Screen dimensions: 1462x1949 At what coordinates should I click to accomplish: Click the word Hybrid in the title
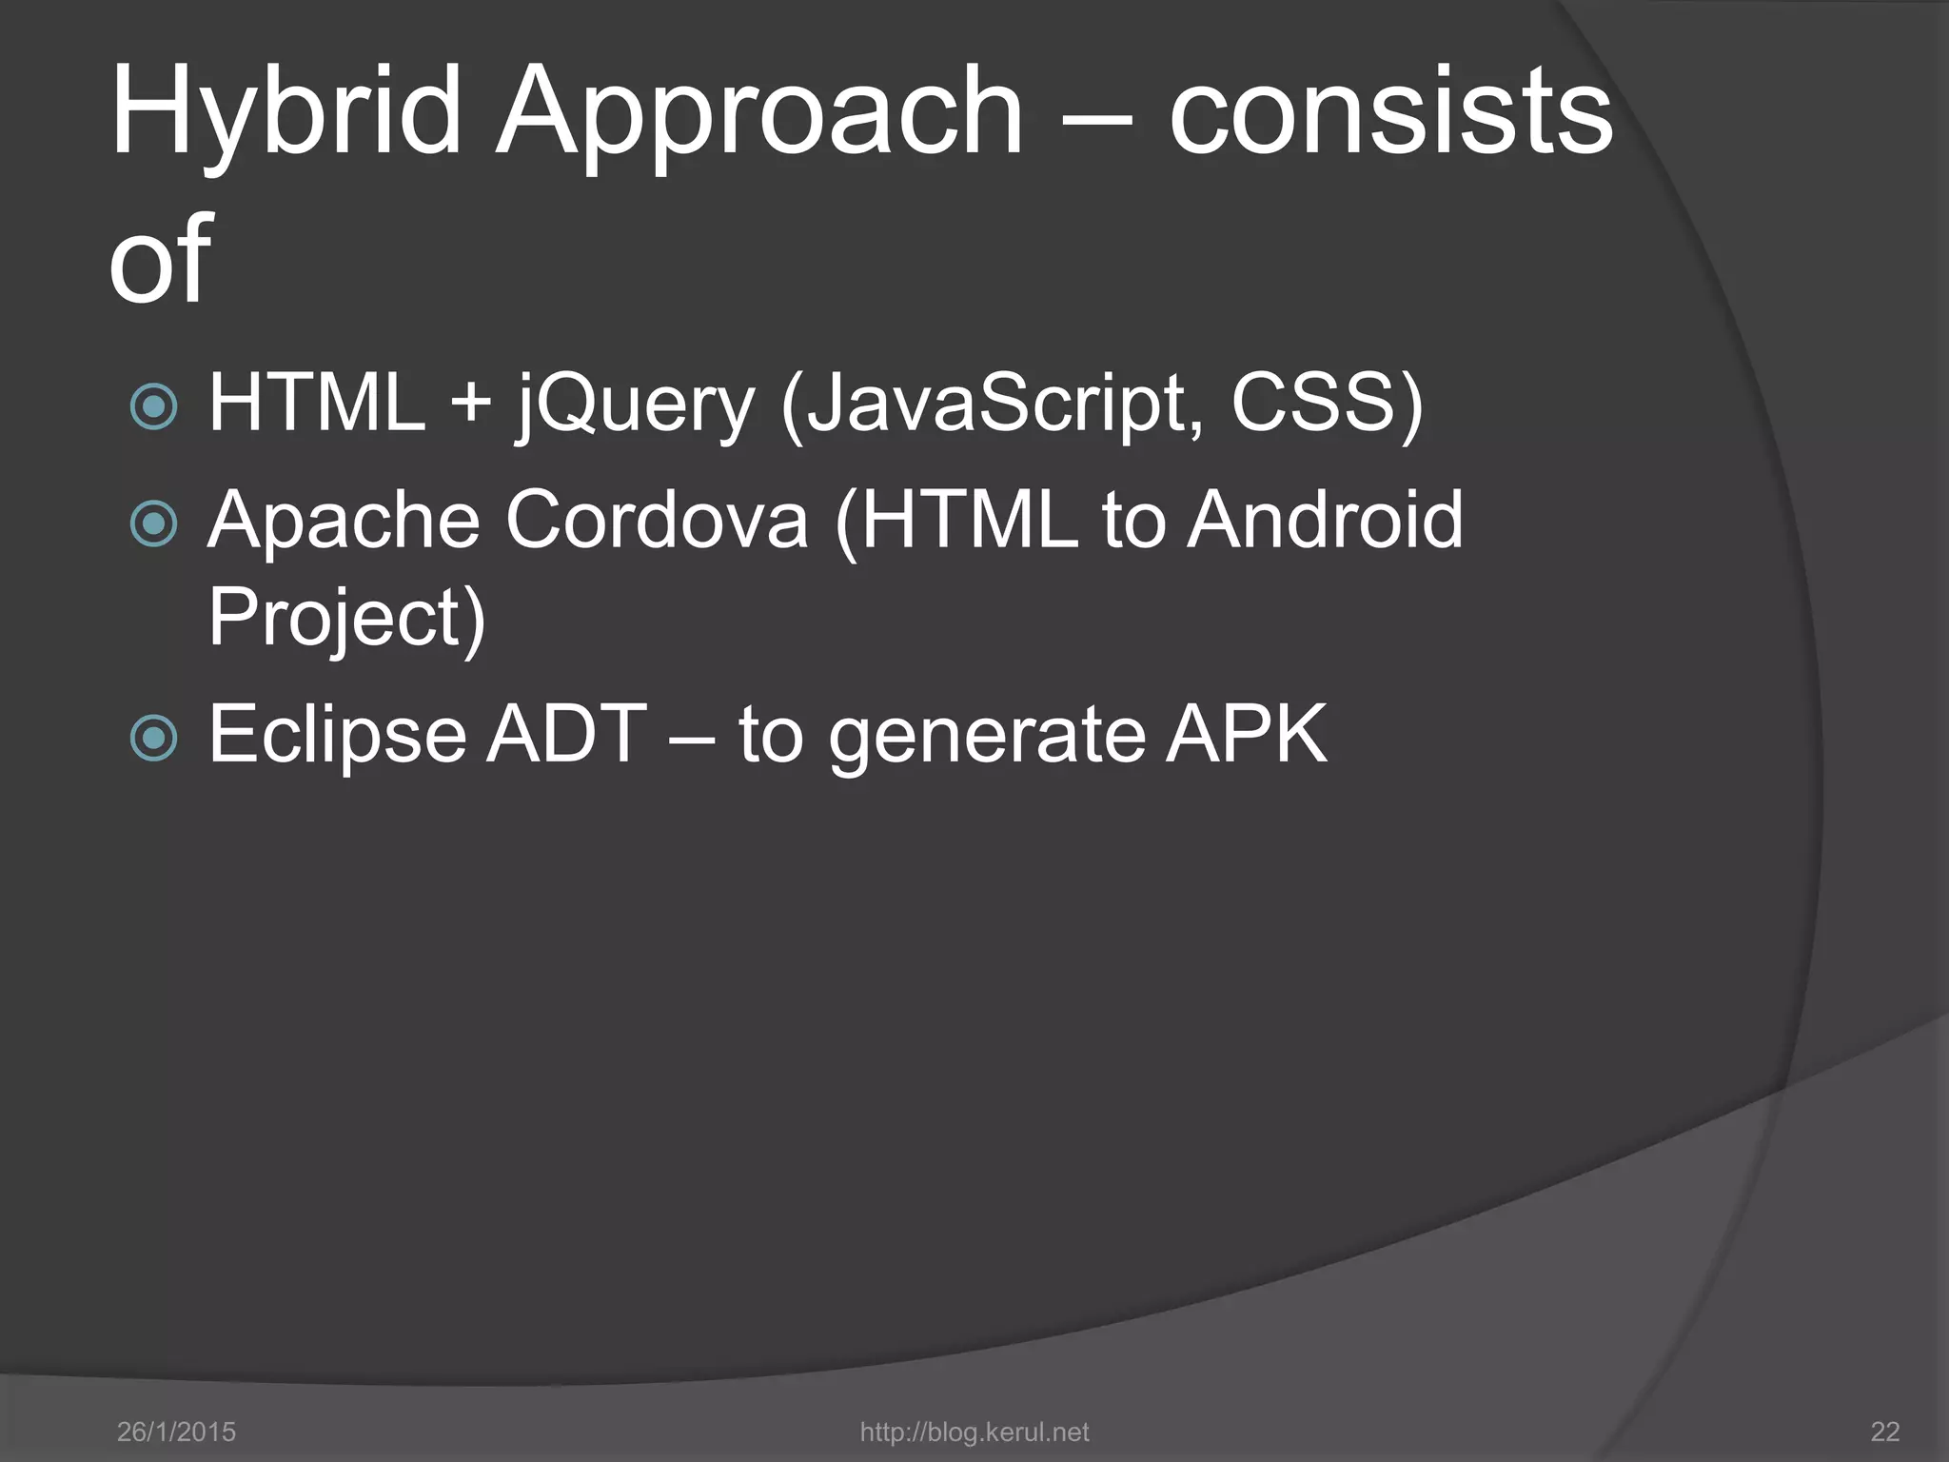coord(285,112)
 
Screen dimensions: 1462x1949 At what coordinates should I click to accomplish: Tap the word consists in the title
coord(1390,112)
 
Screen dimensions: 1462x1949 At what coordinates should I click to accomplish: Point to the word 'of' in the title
coord(159,259)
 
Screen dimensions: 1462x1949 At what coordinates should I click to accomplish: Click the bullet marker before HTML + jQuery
coord(153,406)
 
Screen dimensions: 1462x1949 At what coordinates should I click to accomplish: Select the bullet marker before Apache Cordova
coord(153,524)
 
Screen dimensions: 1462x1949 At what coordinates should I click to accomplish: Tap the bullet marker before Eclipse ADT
coord(153,738)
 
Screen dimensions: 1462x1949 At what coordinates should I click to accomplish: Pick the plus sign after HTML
coord(472,405)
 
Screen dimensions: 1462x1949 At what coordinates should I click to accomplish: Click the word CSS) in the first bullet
coord(1327,405)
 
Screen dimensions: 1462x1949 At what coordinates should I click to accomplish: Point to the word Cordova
coord(657,521)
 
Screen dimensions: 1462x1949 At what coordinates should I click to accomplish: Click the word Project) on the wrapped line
coord(347,619)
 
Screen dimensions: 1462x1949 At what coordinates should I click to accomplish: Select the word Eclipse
coord(338,735)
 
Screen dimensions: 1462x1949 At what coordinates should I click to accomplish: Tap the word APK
coord(1247,735)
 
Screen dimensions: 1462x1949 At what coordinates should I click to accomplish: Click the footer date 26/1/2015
coord(176,1432)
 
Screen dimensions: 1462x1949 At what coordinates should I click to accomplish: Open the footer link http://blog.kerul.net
coord(974,1432)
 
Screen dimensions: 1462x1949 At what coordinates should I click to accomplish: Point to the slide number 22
coord(1885,1432)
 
